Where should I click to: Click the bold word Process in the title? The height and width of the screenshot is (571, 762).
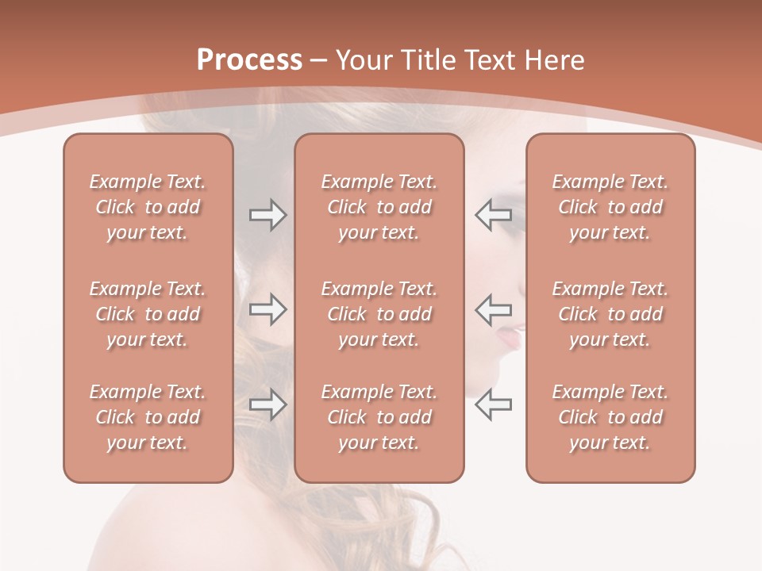(249, 60)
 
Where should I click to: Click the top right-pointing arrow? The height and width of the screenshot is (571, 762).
(267, 215)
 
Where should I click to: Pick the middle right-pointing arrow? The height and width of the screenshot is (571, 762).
(267, 309)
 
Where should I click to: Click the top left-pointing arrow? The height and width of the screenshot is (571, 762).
(494, 215)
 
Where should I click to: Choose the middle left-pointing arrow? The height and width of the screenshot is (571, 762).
(494, 309)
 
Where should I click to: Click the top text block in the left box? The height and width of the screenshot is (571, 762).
(148, 207)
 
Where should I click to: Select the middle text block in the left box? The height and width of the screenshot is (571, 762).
(148, 314)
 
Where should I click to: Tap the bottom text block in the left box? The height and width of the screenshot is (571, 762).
(148, 417)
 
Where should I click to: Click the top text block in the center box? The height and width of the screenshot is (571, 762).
(379, 207)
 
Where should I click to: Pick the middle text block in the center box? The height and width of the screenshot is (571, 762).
(379, 314)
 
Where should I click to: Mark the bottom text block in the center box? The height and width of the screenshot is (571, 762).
(379, 417)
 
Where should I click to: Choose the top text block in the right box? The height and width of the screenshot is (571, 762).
(610, 207)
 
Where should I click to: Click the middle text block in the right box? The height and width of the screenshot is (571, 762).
(610, 314)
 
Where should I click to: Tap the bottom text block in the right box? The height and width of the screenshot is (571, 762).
(610, 417)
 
